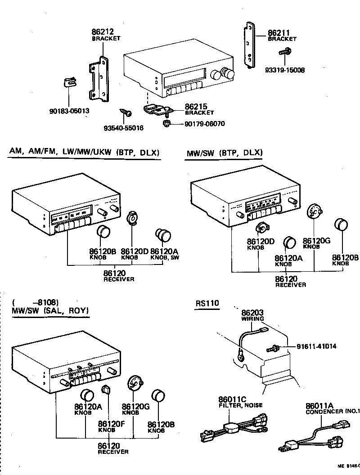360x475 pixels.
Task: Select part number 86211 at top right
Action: [279, 33]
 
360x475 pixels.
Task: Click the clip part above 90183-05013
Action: [68, 83]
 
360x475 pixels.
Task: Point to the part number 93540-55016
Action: [123, 128]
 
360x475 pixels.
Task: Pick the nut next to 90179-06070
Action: [166, 123]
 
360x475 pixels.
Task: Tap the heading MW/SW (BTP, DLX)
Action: [224, 152]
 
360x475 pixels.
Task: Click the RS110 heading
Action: [207, 303]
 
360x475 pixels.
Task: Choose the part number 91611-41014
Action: [316, 346]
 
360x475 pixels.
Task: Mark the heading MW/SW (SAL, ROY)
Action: [50, 311]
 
